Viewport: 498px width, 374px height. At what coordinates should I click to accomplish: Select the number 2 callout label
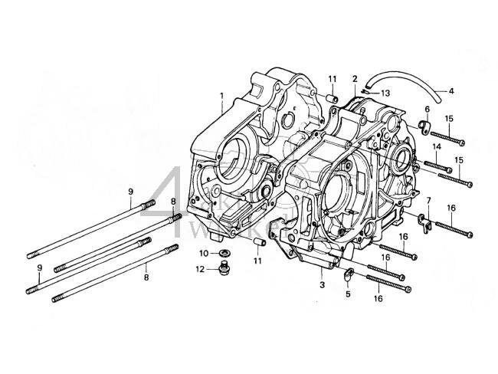click(355, 79)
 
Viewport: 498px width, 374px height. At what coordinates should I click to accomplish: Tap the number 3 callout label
click(322, 285)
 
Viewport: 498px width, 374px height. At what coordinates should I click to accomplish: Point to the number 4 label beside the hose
click(451, 91)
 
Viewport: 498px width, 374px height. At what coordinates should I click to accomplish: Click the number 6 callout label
click(427, 109)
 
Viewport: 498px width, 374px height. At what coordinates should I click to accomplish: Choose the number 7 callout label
click(428, 201)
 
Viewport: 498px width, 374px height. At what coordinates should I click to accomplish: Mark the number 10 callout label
click(204, 253)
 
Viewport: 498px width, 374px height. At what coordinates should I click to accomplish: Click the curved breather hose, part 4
click(406, 86)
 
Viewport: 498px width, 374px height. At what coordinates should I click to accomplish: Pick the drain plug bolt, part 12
click(223, 268)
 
